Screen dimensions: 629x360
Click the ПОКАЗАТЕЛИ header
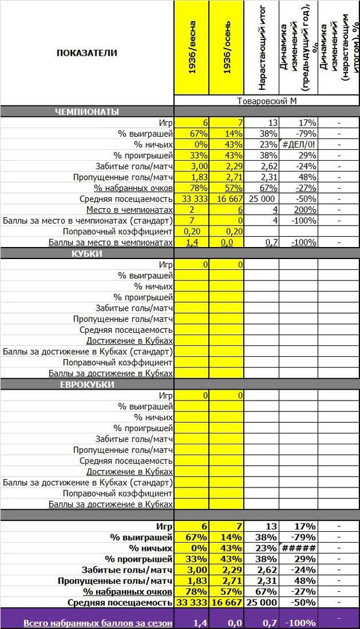pos(87,53)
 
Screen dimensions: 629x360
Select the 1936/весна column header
pos(192,53)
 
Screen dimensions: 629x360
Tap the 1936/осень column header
pos(227,53)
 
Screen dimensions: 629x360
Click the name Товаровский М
pos(267,101)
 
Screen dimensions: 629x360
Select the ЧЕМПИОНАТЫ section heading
pos(87,112)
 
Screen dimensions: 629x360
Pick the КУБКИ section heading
pos(87,254)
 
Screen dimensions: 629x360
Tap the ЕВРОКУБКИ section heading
pos(87,384)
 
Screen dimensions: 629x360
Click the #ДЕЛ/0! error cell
pos(298,145)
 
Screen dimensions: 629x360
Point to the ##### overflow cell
pos(298,548)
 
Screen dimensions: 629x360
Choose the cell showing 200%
pos(298,209)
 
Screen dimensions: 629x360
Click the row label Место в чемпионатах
pos(129,209)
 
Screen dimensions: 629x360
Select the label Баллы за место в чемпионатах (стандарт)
pos(88,220)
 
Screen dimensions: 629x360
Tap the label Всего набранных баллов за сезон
pos(98,623)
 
